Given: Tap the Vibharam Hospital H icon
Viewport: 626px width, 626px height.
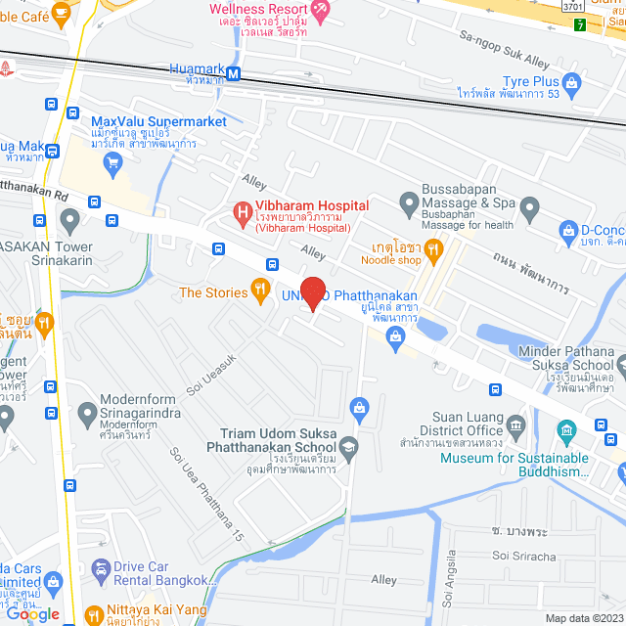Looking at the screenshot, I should pos(240,211).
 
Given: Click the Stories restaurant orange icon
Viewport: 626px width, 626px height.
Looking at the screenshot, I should pos(259,290).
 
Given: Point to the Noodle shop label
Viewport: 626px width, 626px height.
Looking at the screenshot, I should pos(390,260).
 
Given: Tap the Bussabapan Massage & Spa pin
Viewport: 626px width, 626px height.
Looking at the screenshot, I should pos(409,203).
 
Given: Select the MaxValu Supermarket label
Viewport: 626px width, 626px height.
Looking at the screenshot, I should pos(158,120).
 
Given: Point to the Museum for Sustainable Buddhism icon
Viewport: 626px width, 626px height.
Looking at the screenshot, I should pos(566,430).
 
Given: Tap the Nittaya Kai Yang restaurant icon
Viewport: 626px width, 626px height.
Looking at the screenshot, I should pos(94,616).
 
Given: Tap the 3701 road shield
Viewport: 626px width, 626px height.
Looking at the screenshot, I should pos(574,6).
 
